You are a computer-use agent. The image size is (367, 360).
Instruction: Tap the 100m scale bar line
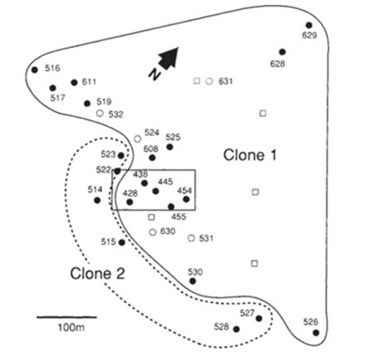[x=67, y=317]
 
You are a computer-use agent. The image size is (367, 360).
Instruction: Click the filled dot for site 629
[x=309, y=25]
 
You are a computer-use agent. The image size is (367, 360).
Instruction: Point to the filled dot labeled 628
[x=282, y=52]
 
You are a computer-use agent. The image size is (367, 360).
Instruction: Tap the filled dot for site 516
[x=34, y=69]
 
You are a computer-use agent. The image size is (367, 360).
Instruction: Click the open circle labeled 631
[x=209, y=81]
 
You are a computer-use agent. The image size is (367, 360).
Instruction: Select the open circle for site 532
[x=100, y=113]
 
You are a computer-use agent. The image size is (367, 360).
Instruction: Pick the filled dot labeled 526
[x=316, y=332]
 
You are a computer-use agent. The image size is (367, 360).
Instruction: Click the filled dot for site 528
[x=237, y=329]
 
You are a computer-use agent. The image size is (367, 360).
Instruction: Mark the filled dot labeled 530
[x=193, y=281]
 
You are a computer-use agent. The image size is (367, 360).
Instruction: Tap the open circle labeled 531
[x=191, y=238]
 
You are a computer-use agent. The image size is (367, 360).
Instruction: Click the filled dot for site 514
[x=97, y=200]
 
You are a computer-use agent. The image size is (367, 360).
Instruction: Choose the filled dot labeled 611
[x=74, y=82]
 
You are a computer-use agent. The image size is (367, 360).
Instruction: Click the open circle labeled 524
[x=138, y=139]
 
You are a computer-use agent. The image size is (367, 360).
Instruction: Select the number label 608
[x=151, y=148]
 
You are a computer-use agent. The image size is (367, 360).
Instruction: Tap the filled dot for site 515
[x=122, y=242]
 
